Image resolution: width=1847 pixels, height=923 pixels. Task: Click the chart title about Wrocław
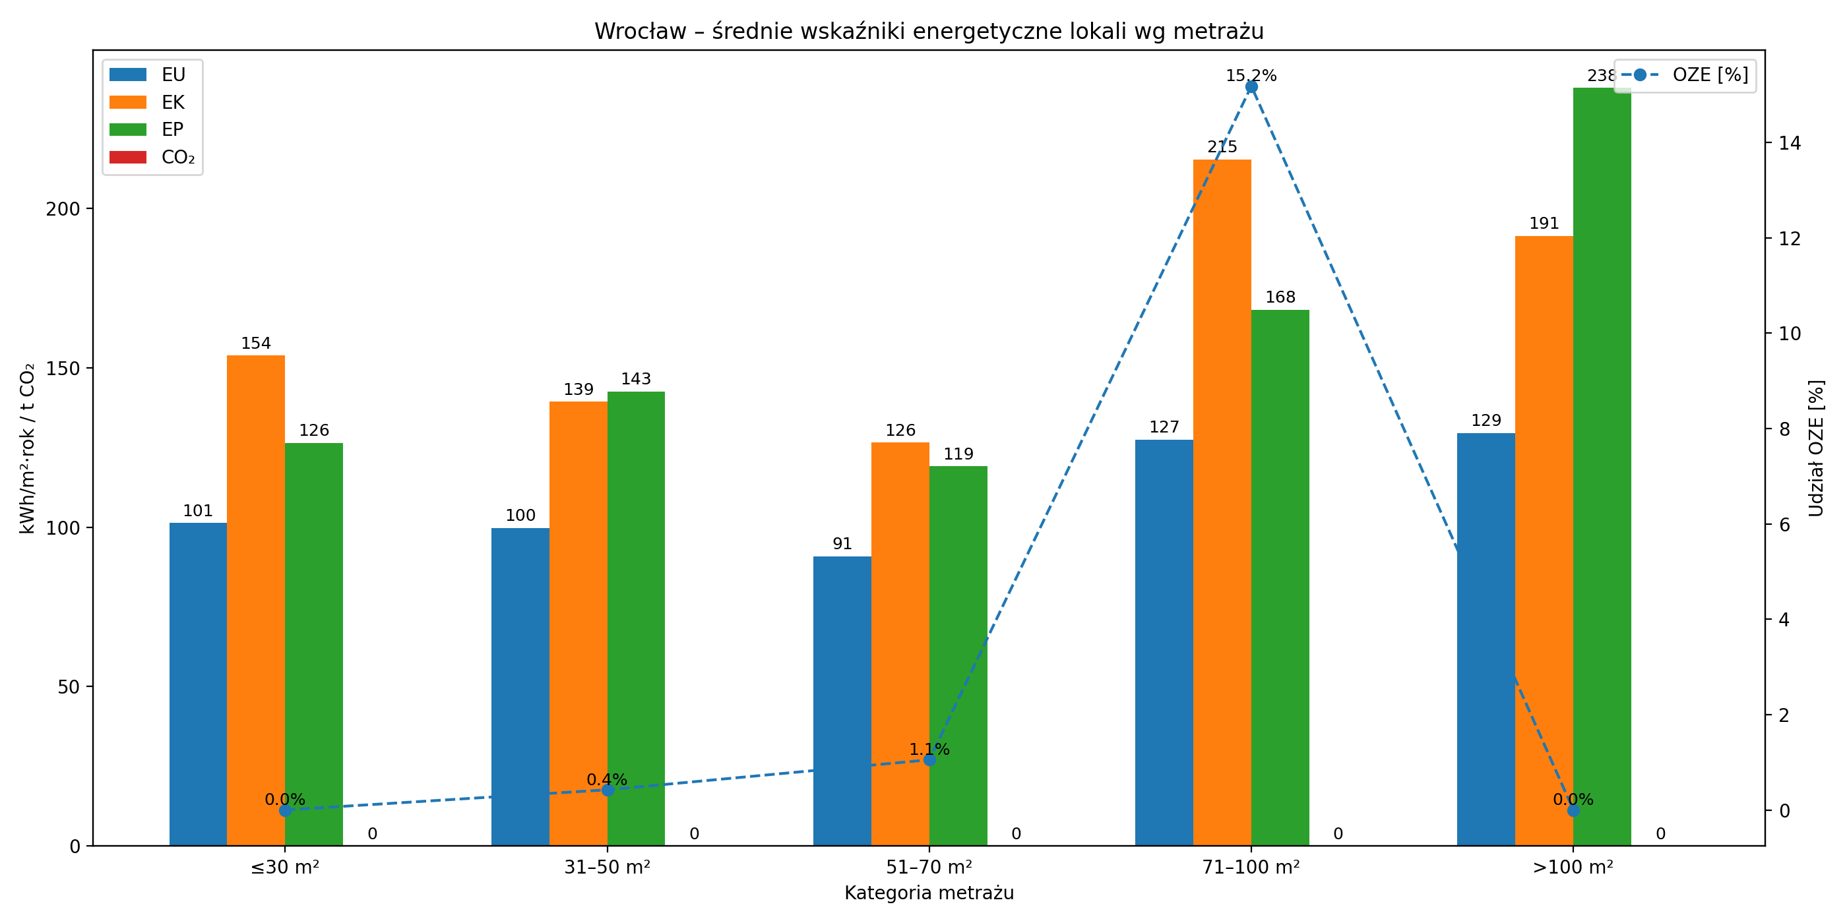[x=929, y=32]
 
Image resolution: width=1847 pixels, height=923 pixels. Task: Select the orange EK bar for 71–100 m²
[x=1222, y=502]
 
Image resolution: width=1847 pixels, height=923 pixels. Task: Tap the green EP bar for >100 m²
[x=1602, y=466]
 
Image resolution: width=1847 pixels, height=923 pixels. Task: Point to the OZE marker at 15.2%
[x=1251, y=87]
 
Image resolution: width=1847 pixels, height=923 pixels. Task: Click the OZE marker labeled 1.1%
[x=929, y=759]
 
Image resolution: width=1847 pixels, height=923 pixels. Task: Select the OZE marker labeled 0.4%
[x=608, y=790]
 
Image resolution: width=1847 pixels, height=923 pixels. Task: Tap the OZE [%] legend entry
[x=1685, y=74]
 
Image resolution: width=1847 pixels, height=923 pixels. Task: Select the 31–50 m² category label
[x=608, y=868]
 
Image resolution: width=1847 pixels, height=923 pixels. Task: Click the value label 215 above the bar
[x=1222, y=147]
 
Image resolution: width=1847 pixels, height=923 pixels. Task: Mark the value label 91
[x=842, y=544]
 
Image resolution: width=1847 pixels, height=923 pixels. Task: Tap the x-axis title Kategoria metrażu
[x=929, y=893]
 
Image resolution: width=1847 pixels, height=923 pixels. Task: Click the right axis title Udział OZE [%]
[x=1815, y=448]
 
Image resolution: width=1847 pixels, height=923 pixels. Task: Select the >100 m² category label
[x=1573, y=868]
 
